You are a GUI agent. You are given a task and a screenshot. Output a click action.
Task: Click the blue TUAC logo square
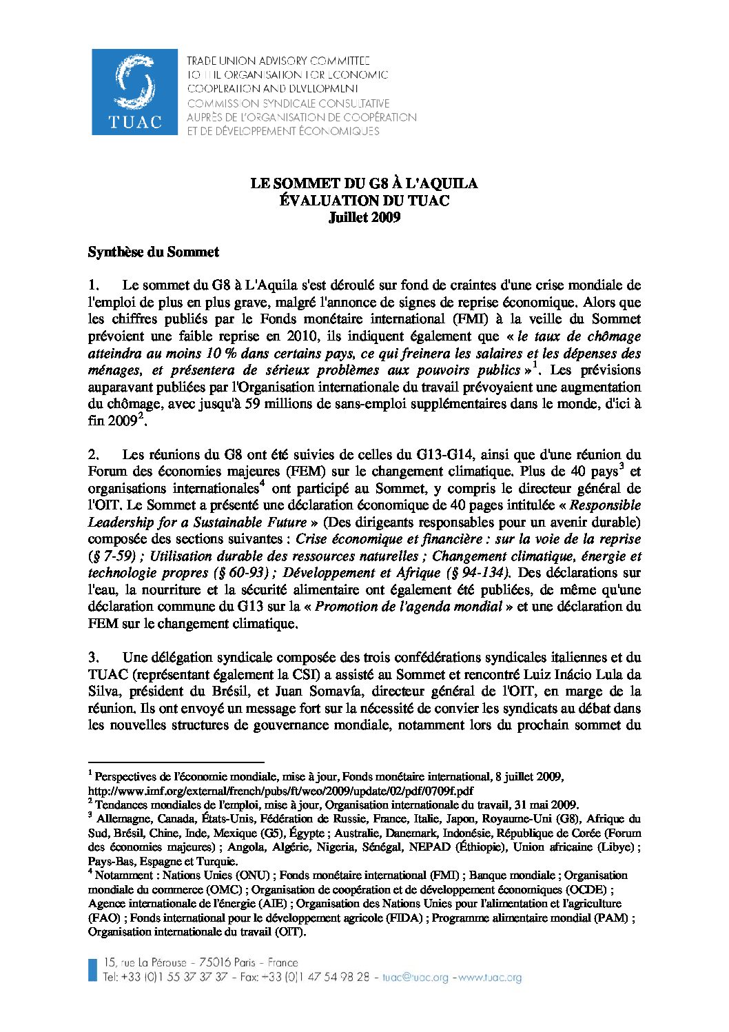[x=134, y=92]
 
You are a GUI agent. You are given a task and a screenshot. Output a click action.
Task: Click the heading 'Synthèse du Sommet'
[x=153, y=252]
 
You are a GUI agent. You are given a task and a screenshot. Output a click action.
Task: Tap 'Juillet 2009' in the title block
[x=364, y=218]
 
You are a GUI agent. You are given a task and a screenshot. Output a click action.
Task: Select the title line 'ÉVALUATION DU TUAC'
[x=364, y=201]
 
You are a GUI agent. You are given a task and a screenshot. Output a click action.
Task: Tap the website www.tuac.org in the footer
[x=490, y=978]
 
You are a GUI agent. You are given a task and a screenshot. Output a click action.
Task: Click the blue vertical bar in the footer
[x=92, y=969]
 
